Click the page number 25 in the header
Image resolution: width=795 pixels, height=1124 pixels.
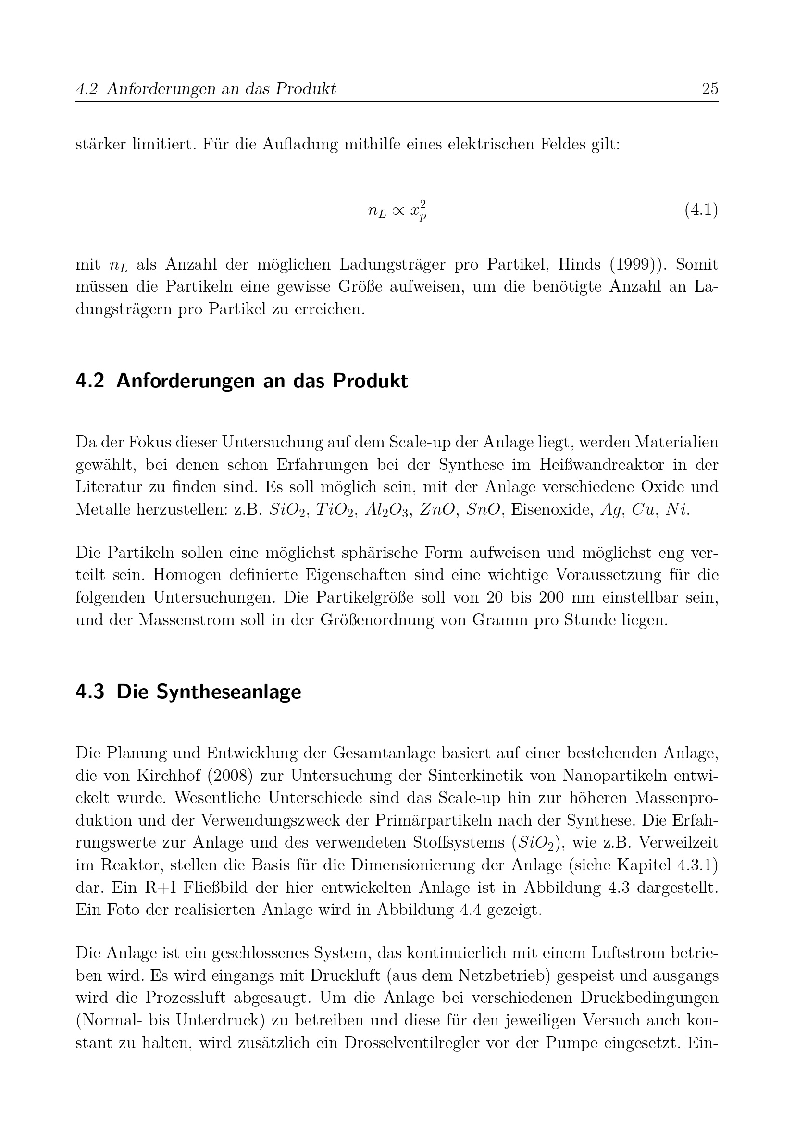point(709,89)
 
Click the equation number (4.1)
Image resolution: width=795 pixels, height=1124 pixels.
point(700,210)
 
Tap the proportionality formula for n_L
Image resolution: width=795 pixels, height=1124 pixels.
point(397,210)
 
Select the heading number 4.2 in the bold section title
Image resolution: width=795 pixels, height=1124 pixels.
point(90,381)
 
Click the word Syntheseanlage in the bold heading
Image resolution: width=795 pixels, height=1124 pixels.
point(209,692)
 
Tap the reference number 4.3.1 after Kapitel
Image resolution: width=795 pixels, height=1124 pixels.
point(697,865)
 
